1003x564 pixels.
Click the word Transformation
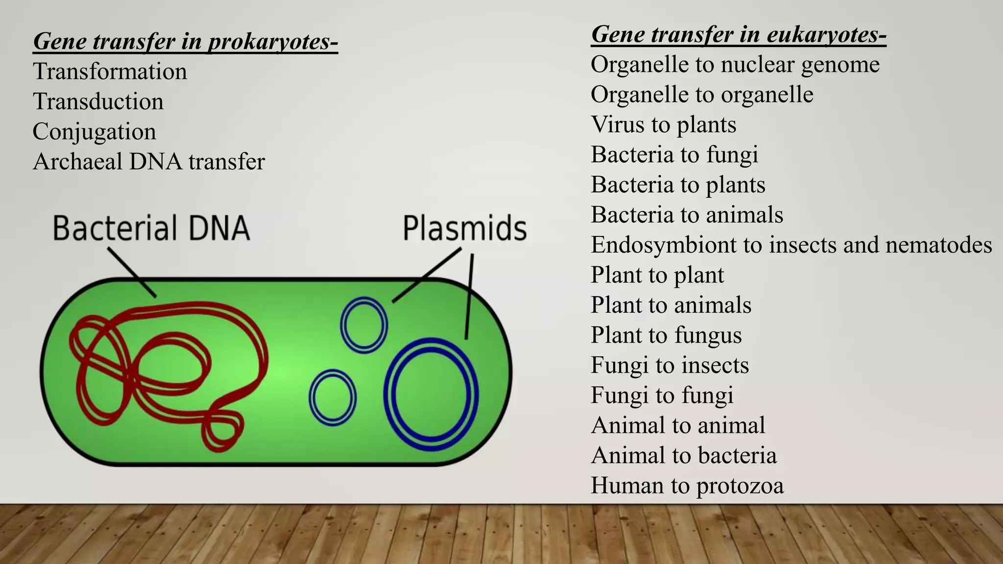pyautogui.click(x=110, y=72)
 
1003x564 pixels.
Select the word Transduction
pyautogui.click(x=98, y=102)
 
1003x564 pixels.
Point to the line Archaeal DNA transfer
pyautogui.click(x=148, y=162)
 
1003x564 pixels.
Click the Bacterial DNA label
pyautogui.click(x=151, y=228)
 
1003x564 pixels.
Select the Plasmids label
pyautogui.click(x=464, y=228)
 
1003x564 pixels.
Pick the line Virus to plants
pyautogui.click(x=663, y=124)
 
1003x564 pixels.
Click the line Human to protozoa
pyautogui.click(x=687, y=486)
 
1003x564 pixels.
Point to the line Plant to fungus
pyautogui.click(x=666, y=335)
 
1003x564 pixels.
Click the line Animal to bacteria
pyautogui.click(x=683, y=455)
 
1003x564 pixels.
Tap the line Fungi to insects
pyautogui.click(x=669, y=365)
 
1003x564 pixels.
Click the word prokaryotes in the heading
pyautogui.click(x=273, y=41)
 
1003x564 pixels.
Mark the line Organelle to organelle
pyautogui.click(x=701, y=94)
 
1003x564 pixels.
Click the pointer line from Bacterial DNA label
pyautogui.click(x=131, y=272)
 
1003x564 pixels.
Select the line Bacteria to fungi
pyautogui.click(x=674, y=155)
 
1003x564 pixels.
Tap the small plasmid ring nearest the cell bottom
pyautogui.click(x=333, y=397)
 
